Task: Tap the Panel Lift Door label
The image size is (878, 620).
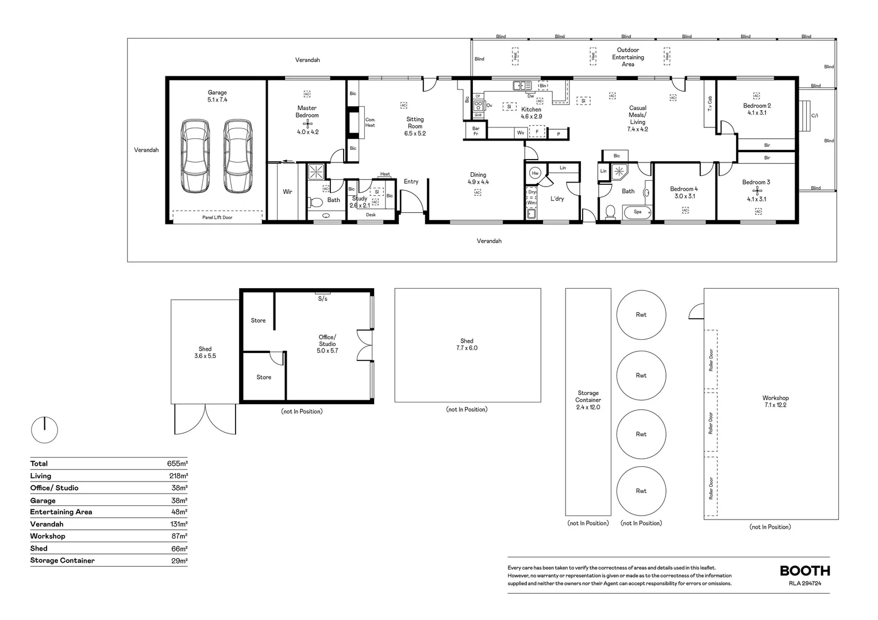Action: coord(217,218)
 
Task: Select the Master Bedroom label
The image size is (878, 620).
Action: coord(307,111)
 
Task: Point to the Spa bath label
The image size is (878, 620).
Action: coord(637,212)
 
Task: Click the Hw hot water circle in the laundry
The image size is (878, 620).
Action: coord(536,173)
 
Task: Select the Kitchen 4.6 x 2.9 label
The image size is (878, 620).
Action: coord(531,113)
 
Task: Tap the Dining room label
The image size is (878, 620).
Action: coord(478,179)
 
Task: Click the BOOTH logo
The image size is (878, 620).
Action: coord(804,571)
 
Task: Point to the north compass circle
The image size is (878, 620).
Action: coord(44,429)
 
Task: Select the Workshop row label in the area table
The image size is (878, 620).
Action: coord(48,536)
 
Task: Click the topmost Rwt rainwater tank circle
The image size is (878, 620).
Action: coord(641,315)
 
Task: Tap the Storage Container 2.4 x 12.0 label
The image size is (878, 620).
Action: coord(588,400)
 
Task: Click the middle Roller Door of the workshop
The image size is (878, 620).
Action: coord(711,423)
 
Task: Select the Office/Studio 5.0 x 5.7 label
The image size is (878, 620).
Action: coord(327,344)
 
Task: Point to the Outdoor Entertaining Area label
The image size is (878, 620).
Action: coord(627,57)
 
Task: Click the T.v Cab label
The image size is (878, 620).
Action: coord(710,103)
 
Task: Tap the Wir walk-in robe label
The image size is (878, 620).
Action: coord(287,192)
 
